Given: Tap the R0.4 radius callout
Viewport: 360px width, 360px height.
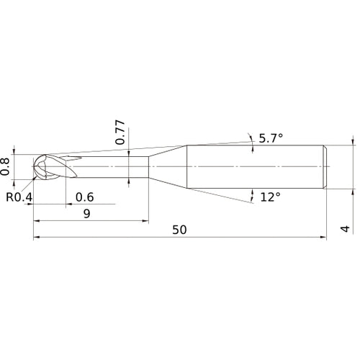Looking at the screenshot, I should [x=17, y=197].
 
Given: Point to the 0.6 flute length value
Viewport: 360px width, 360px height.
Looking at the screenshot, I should [x=84, y=197].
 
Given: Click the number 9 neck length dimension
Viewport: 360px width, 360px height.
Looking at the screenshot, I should [x=86, y=213].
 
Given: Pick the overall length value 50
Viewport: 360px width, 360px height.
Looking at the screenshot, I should [x=180, y=230].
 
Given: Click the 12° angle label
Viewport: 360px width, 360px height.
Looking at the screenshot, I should [x=269, y=196].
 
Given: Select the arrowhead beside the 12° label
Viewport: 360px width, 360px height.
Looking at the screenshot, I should [x=253, y=194].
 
